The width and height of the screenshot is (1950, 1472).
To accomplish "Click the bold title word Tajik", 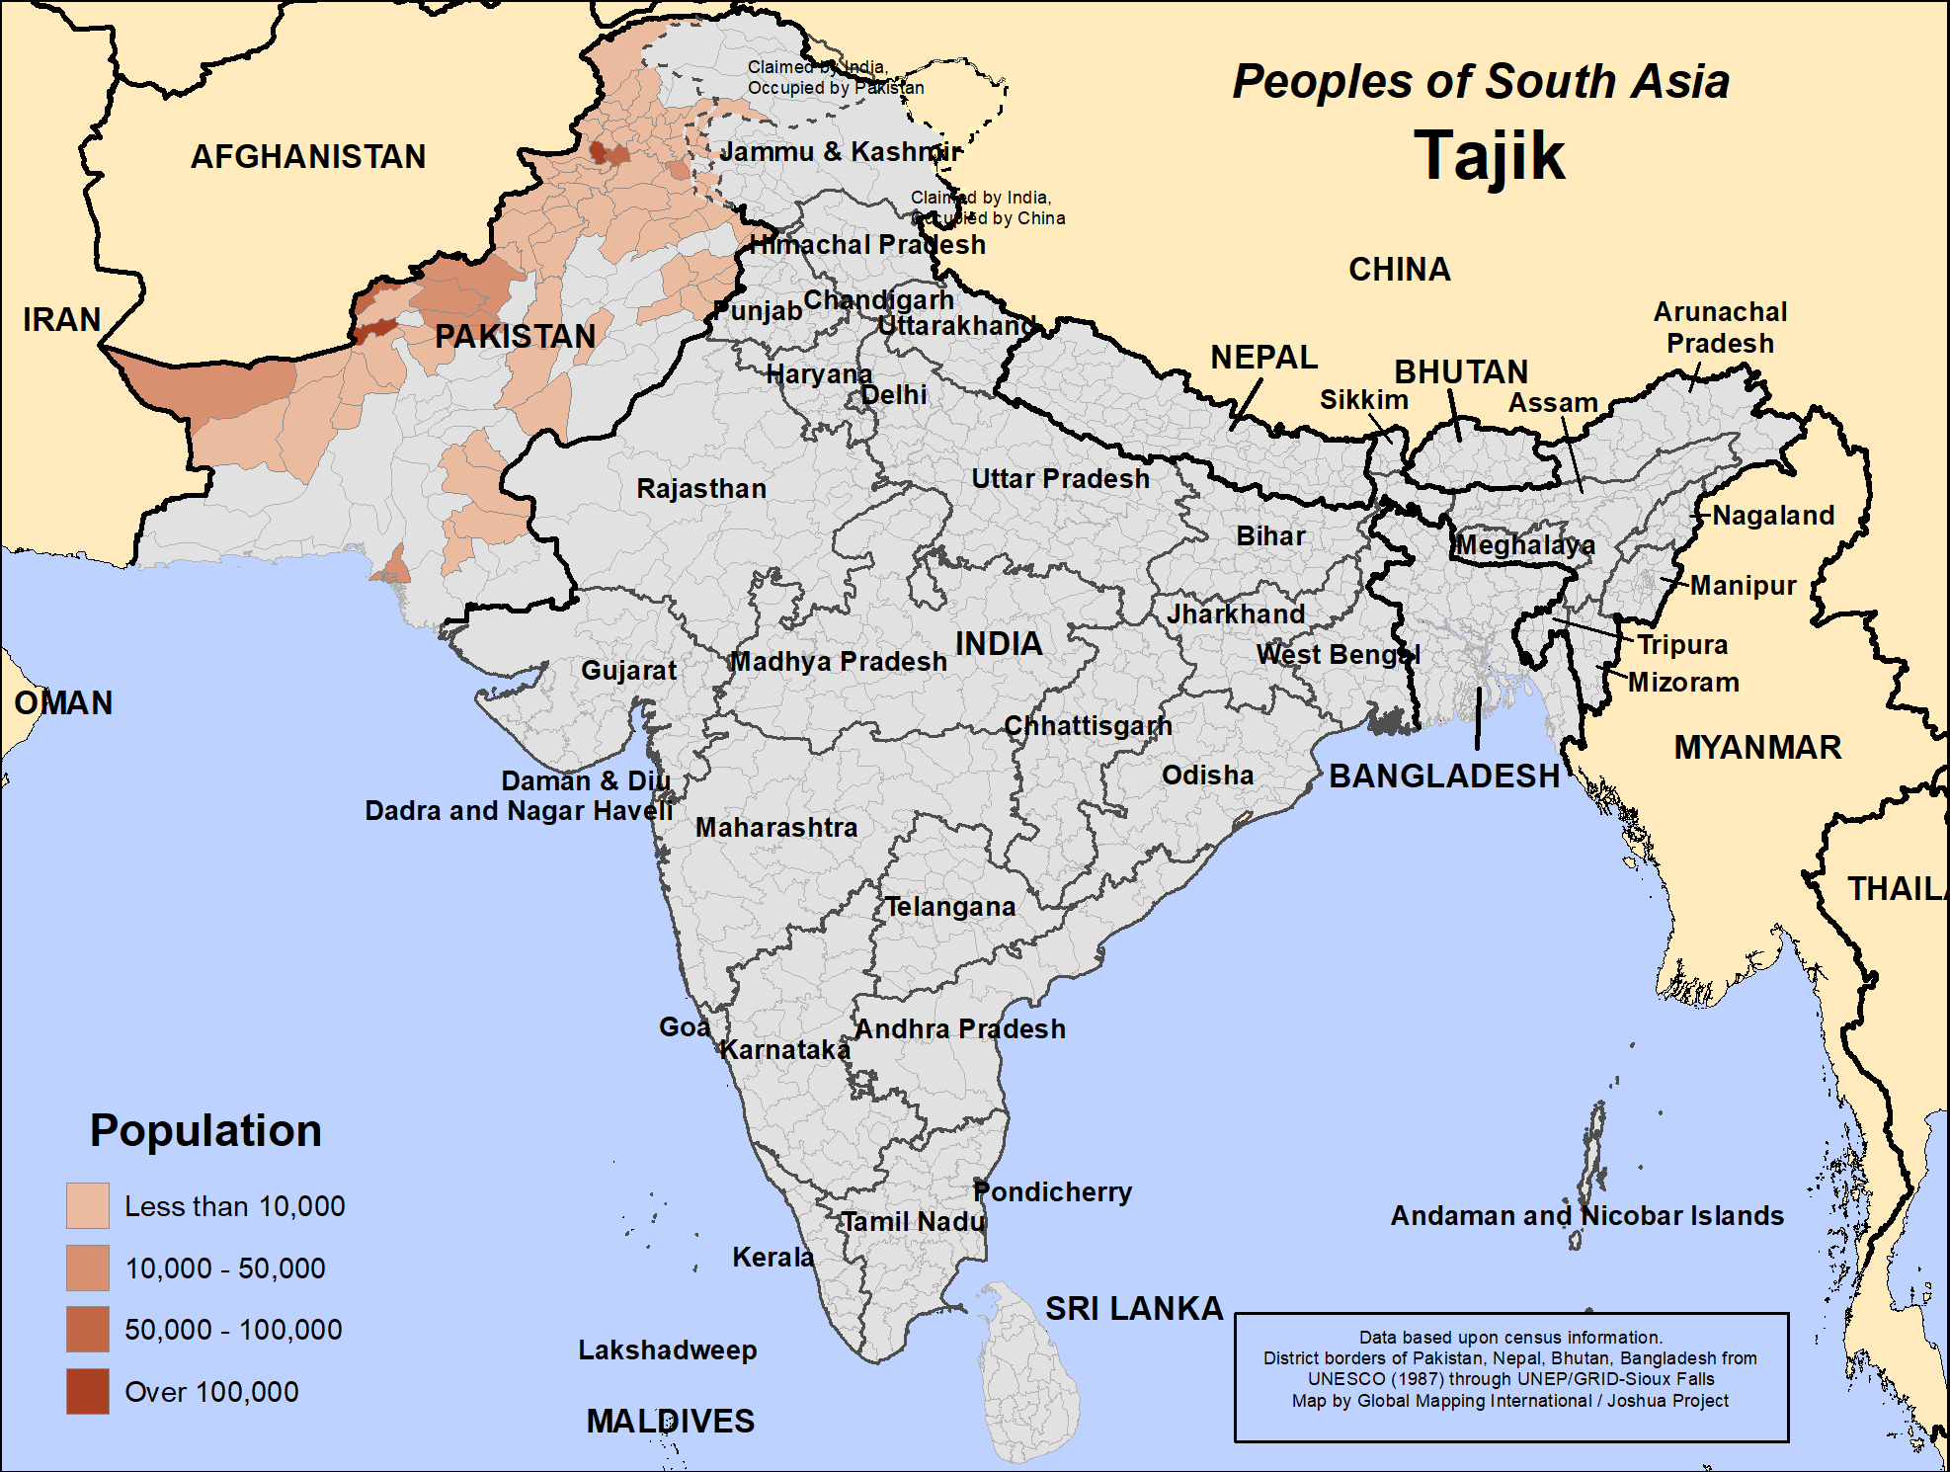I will point(1489,156).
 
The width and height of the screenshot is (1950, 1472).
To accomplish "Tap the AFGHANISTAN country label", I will point(308,156).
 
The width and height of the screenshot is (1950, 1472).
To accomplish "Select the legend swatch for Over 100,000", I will point(87,1391).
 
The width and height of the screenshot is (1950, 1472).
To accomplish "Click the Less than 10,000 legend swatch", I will point(87,1205).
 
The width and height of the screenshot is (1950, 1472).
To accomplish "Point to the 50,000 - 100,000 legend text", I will point(233,1330).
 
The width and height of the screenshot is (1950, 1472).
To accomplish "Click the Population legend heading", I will point(205,1130).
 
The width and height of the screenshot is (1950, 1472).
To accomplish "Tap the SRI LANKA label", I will point(1134,1308).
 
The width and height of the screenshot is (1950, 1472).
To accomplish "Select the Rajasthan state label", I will point(700,489).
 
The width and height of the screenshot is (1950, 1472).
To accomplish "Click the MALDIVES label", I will point(670,1421).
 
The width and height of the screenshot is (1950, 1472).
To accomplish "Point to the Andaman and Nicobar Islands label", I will point(1586,1215).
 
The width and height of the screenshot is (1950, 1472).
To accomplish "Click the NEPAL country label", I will point(1263,357).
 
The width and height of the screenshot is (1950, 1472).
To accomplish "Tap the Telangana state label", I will point(949,907).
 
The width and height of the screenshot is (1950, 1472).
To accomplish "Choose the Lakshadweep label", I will point(667,1349).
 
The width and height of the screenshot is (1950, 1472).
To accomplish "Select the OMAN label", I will point(63,702).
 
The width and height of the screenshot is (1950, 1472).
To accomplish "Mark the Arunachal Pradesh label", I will point(1720,327).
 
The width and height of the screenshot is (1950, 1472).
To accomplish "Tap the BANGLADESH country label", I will point(1443,776).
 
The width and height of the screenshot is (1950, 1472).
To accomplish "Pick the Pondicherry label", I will point(1052,1191).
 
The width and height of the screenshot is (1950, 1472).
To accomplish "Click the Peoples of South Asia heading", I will point(1480,81).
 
